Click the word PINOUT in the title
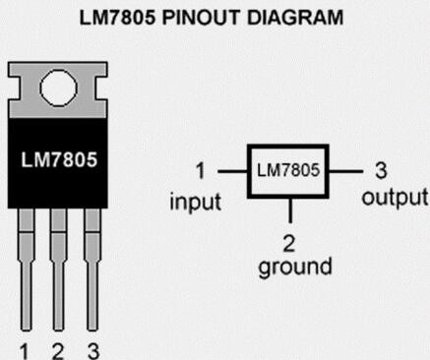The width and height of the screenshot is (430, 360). click(201, 18)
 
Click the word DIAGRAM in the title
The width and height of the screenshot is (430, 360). click(295, 18)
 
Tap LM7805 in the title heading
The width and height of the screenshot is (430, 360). click(117, 18)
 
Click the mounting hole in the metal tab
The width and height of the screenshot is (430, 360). click(58, 88)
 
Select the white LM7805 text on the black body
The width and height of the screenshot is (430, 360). click(59, 159)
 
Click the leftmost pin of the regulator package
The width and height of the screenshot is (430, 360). click(27, 270)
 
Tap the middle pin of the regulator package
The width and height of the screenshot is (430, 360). click(58, 270)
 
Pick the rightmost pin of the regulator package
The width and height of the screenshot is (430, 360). click(92, 270)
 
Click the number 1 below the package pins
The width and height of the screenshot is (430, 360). click(24, 351)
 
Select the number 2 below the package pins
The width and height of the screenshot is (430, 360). click(58, 351)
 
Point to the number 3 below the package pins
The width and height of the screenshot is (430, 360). click(93, 351)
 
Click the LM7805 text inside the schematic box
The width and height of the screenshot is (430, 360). click(288, 170)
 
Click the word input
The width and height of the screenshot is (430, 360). click(196, 202)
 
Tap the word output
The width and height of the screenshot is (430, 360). click(395, 198)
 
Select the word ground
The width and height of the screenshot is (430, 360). click(295, 267)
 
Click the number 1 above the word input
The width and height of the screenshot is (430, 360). click(200, 171)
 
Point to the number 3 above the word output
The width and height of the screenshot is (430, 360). click(381, 171)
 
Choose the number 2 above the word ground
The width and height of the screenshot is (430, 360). click(288, 244)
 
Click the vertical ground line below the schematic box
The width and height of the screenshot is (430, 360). click(290, 210)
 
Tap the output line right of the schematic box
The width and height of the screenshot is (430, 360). click(345, 171)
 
